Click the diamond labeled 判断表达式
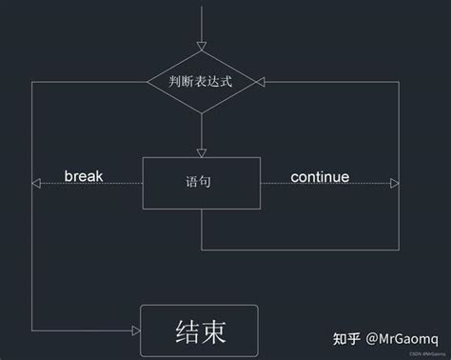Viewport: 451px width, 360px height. click(201, 82)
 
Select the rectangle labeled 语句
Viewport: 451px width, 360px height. click(200, 182)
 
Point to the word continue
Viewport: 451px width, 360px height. click(320, 177)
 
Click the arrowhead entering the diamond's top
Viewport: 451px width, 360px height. click(201, 47)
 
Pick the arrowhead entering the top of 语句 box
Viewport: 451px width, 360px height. click(201, 151)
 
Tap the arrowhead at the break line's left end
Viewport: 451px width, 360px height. click(36, 184)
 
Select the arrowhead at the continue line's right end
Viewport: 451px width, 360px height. click(393, 184)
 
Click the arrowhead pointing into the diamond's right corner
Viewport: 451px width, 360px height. click(265, 82)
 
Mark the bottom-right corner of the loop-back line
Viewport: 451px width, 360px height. click(399, 250)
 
